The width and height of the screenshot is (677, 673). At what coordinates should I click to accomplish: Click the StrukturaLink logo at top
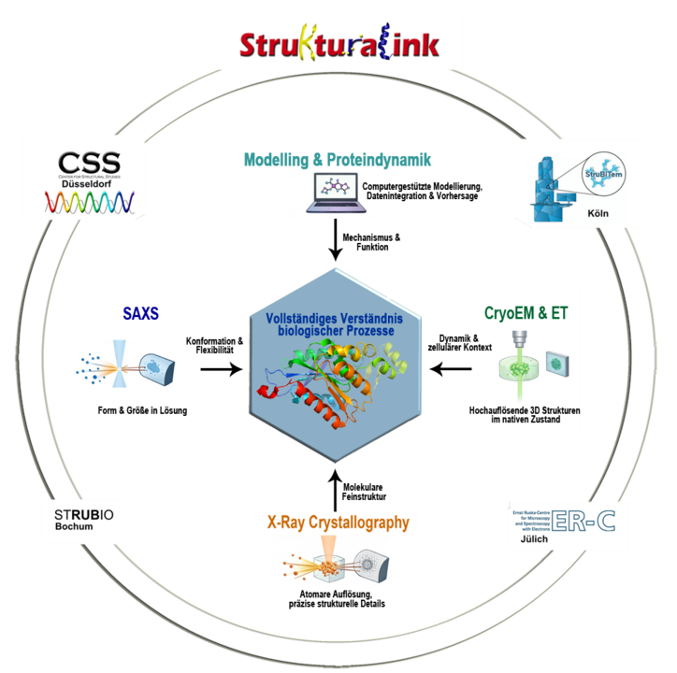pyautogui.click(x=338, y=45)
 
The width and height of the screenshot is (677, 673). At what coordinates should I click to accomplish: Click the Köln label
pyautogui.click(x=598, y=214)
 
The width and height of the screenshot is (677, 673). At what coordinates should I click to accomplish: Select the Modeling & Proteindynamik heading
pyautogui.click(x=337, y=159)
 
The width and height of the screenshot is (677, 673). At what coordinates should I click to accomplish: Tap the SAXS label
pyautogui.click(x=140, y=314)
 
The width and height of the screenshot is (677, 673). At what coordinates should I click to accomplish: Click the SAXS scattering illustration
pyautogui.click(x=124, y=364)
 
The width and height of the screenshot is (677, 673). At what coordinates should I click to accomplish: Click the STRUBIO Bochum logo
pyautogui.click(x=81, y=521)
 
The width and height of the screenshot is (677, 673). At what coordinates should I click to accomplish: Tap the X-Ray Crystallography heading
pyautogui.click(x=338, y=523)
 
